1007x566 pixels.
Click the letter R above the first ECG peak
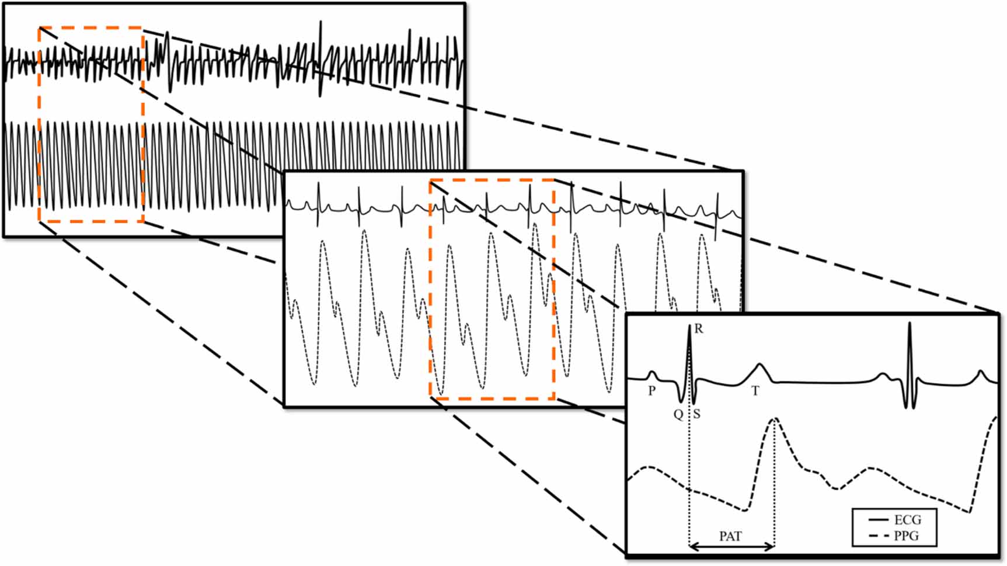699,329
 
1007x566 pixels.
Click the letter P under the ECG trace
652,391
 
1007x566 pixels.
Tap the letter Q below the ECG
678,415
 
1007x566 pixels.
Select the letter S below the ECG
697,415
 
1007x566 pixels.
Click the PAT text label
730,536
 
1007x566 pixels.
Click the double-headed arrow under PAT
731,547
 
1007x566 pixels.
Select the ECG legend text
907,520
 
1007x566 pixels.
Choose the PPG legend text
907,536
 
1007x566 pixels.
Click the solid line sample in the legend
879,520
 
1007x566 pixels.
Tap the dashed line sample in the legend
879,536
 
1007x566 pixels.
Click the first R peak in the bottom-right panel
689,327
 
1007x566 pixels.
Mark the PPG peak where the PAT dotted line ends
775,419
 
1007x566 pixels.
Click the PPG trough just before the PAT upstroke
745,509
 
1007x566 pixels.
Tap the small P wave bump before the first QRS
653,372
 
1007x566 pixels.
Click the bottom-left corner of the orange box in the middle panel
431,399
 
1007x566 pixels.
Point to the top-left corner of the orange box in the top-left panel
39,28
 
